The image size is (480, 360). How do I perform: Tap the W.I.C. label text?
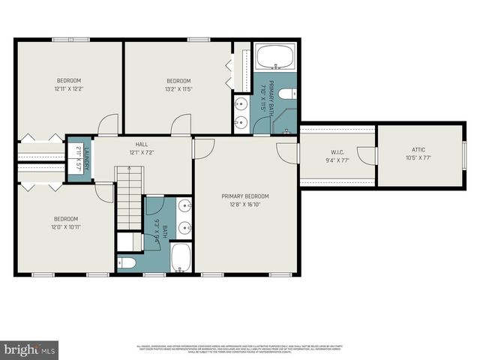pos(337,151)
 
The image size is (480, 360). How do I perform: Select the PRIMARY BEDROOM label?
pos(244,196)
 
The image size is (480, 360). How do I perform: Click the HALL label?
pos(141,144)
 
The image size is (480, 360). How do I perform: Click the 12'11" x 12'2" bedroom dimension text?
pos(68,89)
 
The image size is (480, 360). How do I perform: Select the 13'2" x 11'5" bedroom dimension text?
pos(178,89)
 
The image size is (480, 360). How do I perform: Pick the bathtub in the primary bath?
pos(275,58)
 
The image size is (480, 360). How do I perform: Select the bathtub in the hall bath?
pos(181,257)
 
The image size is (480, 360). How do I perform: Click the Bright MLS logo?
pos(30,349)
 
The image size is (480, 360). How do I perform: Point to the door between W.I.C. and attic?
pos(367,155)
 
